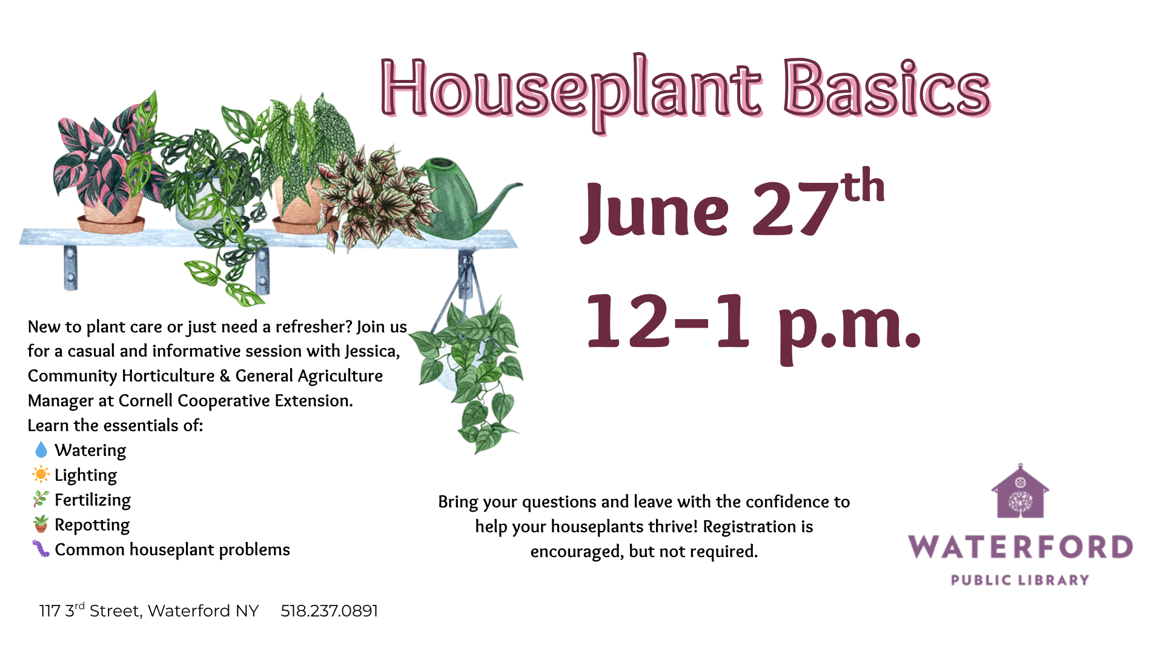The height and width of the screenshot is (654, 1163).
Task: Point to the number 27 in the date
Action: click(x=795, y=209)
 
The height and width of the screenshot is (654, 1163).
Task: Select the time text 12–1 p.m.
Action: click(x=754, y=327)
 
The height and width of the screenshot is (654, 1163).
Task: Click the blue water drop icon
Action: click(x=41, y=450)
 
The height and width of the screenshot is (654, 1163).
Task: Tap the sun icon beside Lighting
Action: click(x=41, y=474)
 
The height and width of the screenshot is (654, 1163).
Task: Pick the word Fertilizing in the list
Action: click(x=93, y=500)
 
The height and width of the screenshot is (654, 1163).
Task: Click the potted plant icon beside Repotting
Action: click(x=41, y=524)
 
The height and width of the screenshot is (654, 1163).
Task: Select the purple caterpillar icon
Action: click(x=41, y=549)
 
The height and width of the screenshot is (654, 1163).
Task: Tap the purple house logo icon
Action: click(x=1021, y=491)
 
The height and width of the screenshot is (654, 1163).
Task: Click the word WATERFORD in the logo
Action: click(x=1021, y=547)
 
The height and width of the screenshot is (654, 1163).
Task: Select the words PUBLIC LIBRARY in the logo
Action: click(x=1021, y=580)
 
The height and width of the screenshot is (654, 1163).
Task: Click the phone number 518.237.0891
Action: click(x=329, y=610)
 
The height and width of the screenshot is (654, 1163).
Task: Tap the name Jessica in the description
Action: click(x=371, y=351)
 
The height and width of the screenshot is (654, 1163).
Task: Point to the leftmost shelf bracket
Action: click(x=71, y=268)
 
